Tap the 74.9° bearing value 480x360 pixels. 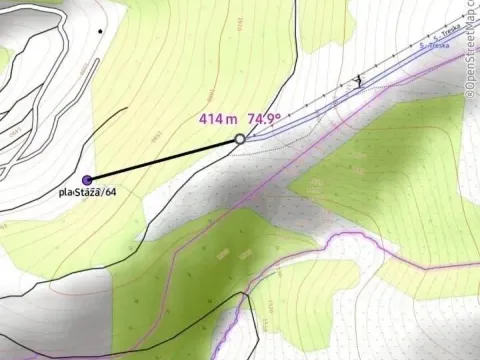pos(262,118)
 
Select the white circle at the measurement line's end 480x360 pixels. pos(240,139)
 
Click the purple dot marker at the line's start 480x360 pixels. pos(87,179)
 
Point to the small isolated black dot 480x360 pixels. pos(99,31)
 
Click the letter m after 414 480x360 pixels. pos(232,119)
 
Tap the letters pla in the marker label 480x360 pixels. pos(65,192)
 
